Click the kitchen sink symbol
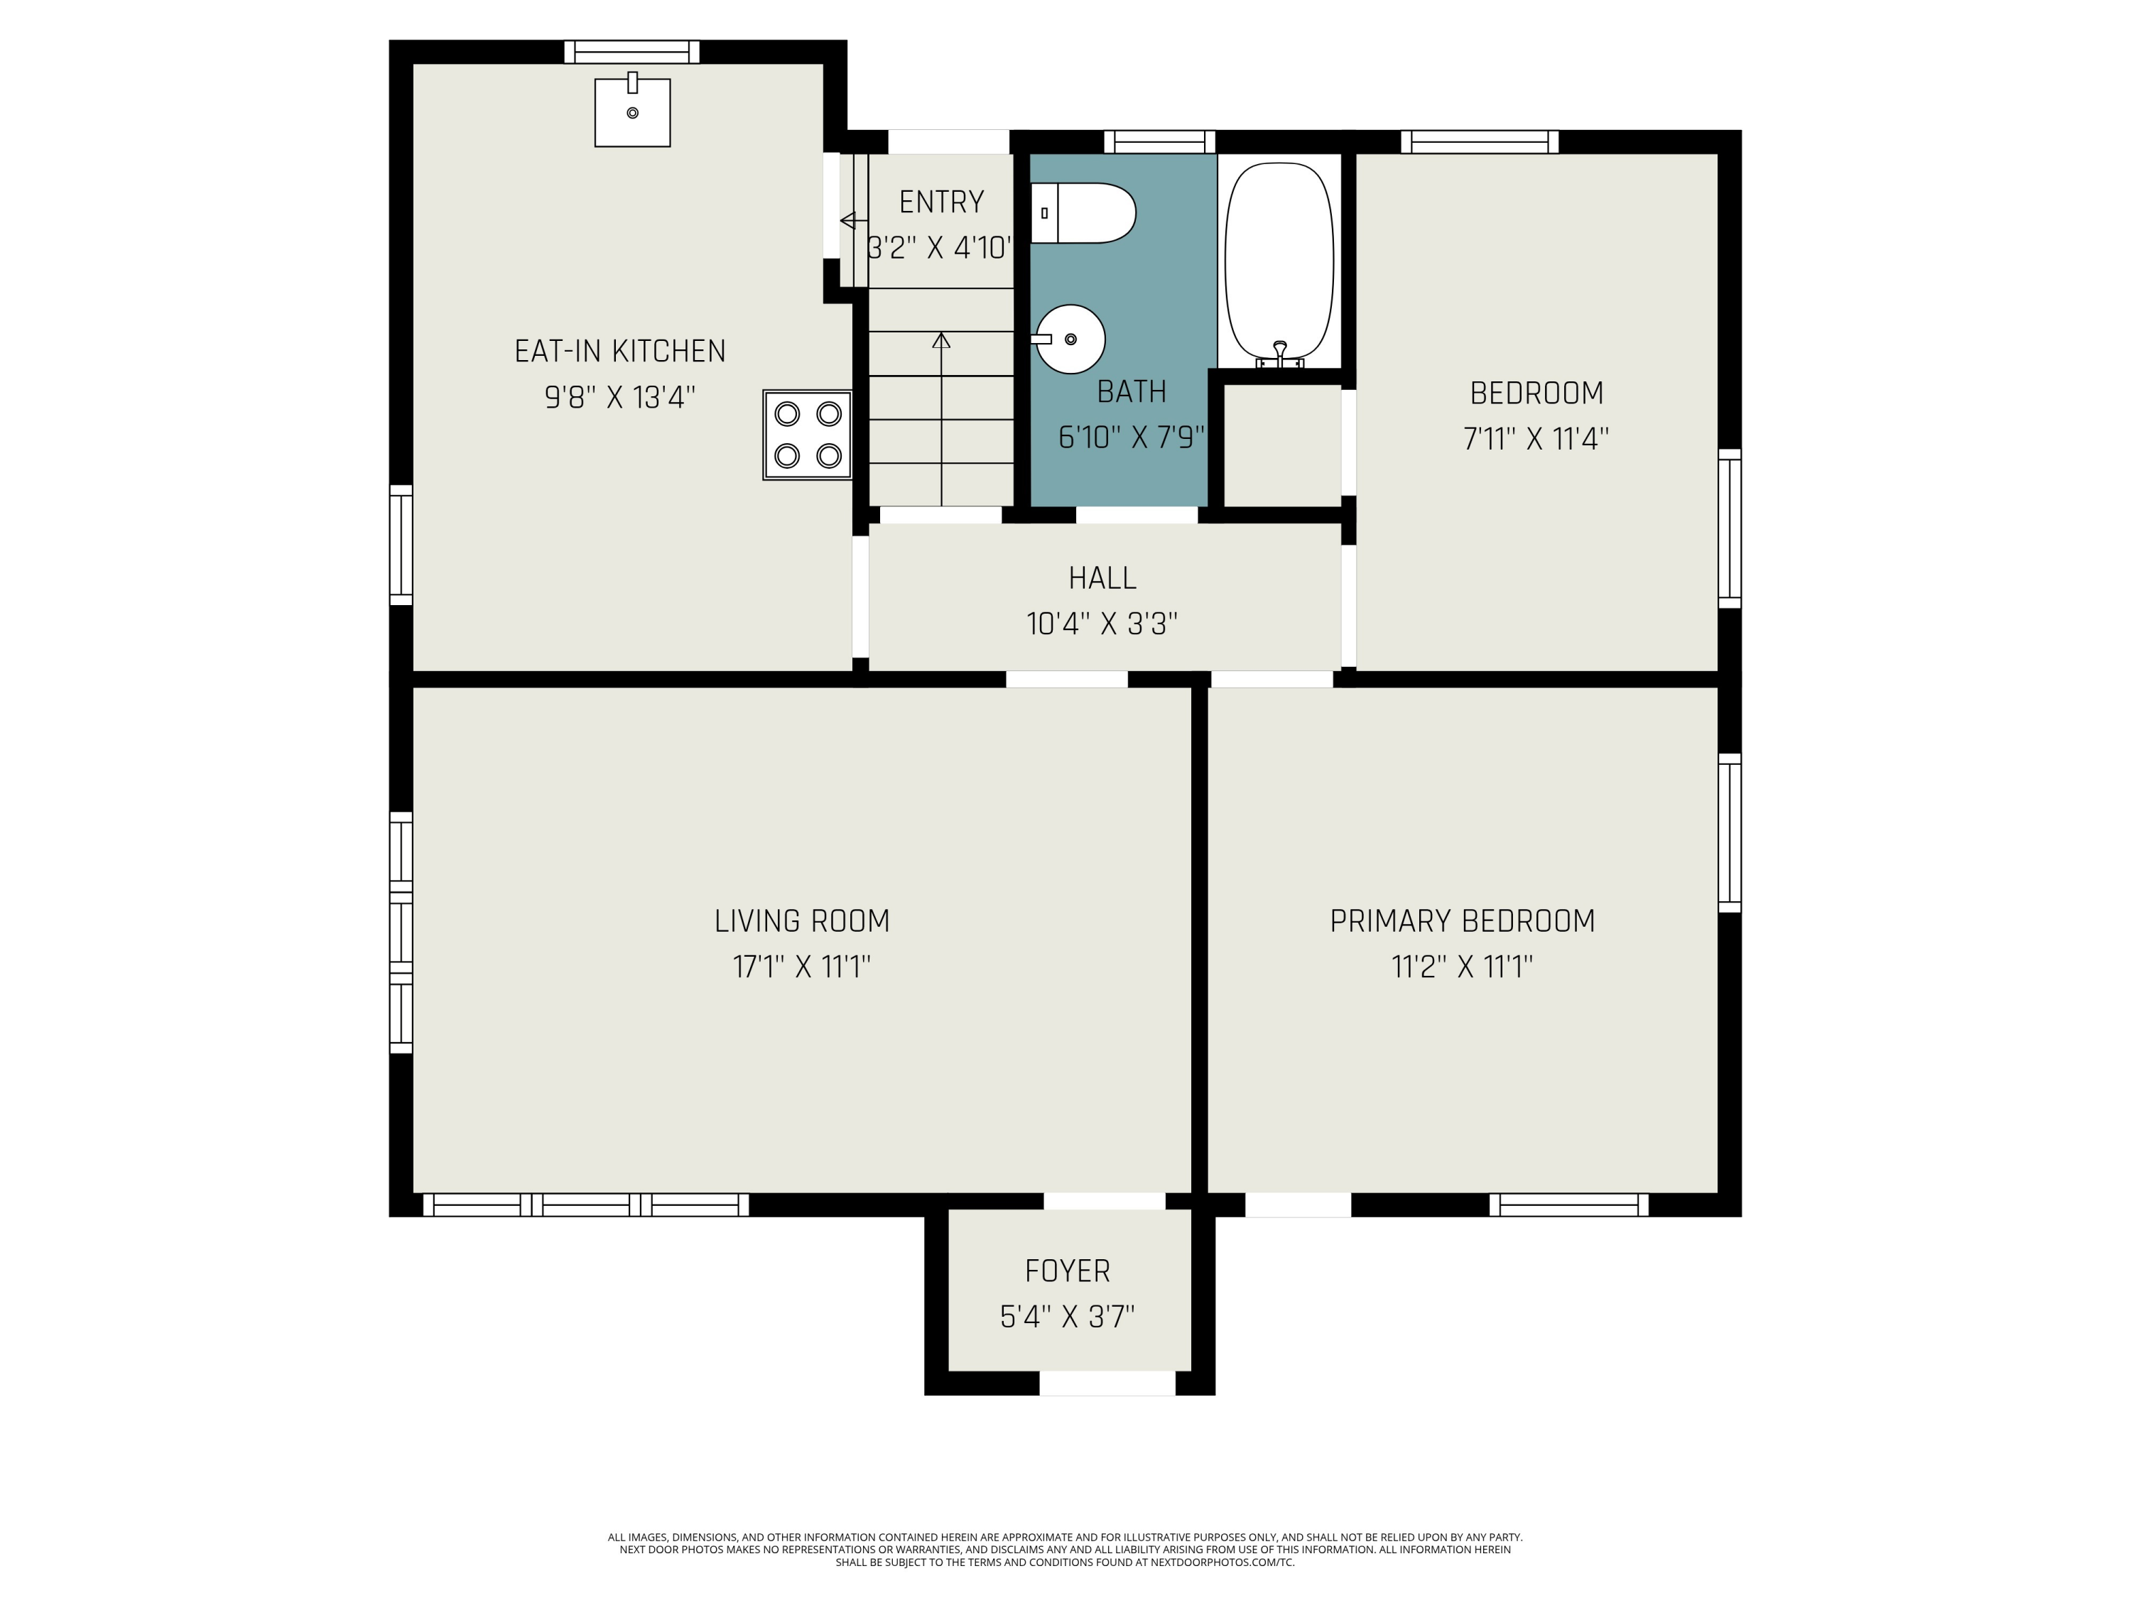click(632, 113)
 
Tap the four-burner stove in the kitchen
click(808, 435)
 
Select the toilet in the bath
click(1083, 213)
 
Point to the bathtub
click(1279, 258)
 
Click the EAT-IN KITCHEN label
click(619, 352)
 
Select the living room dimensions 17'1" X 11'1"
click(801, 966)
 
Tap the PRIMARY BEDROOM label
click(1461, 921)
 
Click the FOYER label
click(1066, 1271)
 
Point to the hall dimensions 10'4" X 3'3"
click(1102, 624)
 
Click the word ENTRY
click(941, 202)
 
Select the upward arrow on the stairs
click(941, 340)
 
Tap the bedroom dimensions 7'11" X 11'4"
click(1536, 439)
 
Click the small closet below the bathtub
click(1281, 444)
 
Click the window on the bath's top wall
click(1159, 141)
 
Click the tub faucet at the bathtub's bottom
click(1279, 354)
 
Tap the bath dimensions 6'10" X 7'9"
click(1131, 438)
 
